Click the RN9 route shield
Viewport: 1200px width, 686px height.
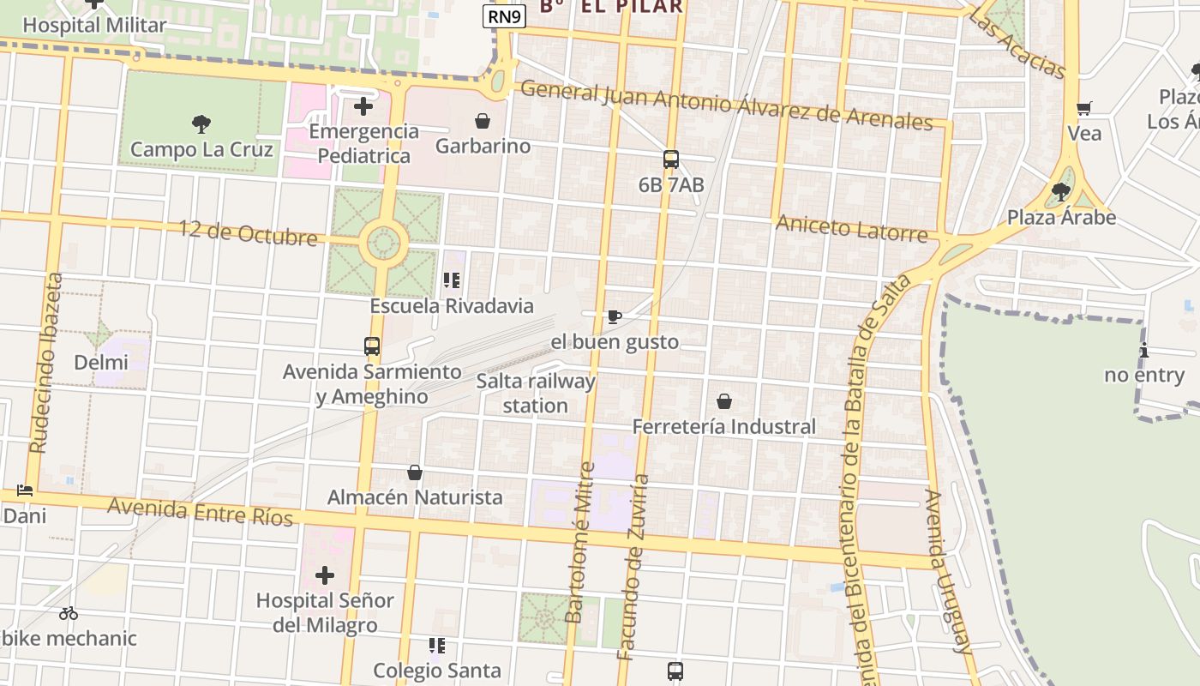[x=504, y=16]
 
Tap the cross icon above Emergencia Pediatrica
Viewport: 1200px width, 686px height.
[x=363, y=106]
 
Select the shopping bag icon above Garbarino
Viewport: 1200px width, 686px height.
[x=483, y=121]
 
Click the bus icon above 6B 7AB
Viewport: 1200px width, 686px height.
[x=670, y=159]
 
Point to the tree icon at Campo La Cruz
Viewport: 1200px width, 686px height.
[x=201, y=124]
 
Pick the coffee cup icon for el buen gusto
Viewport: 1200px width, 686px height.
[x=614, y=317]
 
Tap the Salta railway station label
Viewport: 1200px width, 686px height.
[x=536, y=393]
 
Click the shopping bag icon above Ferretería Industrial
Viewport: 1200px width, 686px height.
[x=724, y=401]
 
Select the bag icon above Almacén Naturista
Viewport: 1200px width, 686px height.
[x=415, y=472]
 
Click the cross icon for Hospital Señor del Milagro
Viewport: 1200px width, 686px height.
[x=325, y=575]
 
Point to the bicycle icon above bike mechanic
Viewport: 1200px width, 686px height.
[x=69, y=613]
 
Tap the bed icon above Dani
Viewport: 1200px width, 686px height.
[x=25, y=491]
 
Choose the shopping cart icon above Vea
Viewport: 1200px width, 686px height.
[x=1084, y=108]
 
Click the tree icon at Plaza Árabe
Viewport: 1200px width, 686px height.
[x=1061, y=192]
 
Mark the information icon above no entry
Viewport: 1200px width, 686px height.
[x=1144, y=350]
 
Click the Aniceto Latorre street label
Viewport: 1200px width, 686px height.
[x=851, y=229]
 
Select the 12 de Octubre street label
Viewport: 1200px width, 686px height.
[x=248, y=233]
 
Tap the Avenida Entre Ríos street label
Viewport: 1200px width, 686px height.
[x=201, y=512]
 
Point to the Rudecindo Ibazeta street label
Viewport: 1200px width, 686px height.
[x=46, y=364]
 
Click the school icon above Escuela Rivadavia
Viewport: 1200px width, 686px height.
[x=452, y=280]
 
